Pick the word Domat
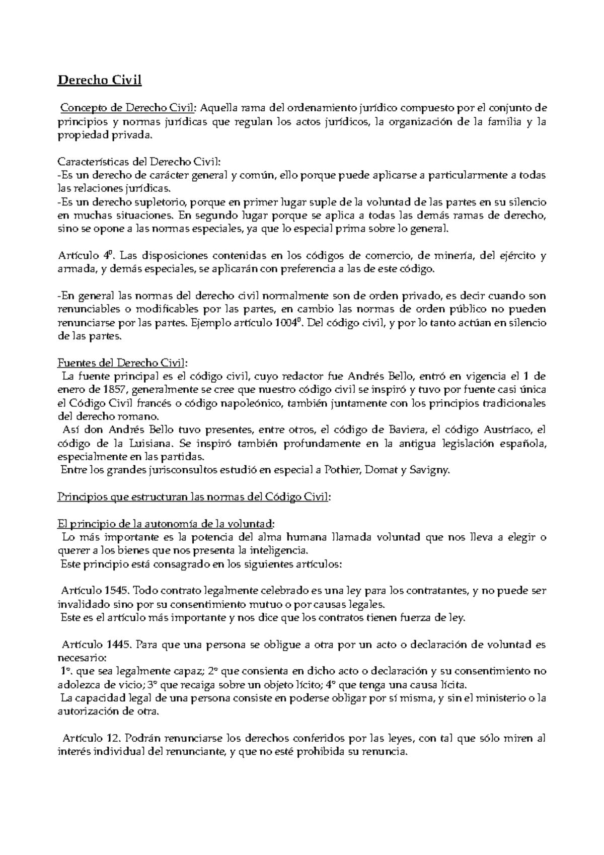click(381, 470)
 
